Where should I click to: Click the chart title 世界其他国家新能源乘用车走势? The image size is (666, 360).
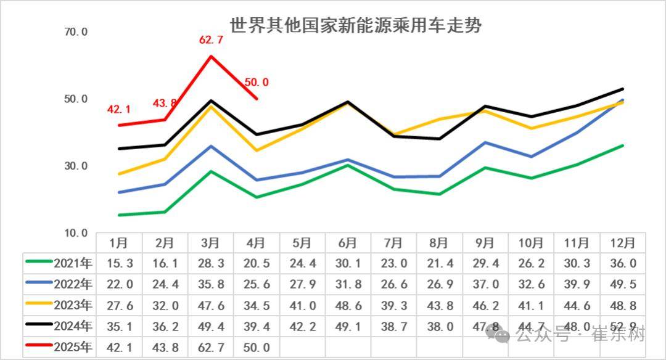point(356,26)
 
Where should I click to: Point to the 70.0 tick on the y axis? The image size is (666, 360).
point(76,31)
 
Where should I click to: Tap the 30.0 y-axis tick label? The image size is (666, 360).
point(76,166)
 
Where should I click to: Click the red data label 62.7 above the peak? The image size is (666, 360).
point(211,40)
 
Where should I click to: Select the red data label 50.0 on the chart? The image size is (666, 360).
point(257,82)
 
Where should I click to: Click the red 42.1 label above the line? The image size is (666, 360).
point(118,110)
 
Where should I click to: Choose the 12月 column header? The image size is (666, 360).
point(622,242)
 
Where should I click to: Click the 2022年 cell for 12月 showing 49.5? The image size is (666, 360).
point(622,284)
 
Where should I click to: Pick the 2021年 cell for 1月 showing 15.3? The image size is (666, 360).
point(119,263)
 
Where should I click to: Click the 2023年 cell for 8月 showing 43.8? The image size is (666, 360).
point(439,305)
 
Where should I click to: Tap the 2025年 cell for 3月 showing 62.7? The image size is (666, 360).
point(211,347)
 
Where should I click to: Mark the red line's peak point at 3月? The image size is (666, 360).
point(211,56)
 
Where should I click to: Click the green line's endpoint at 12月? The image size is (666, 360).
point(623,145)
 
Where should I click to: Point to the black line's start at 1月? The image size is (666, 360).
point(119,149)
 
